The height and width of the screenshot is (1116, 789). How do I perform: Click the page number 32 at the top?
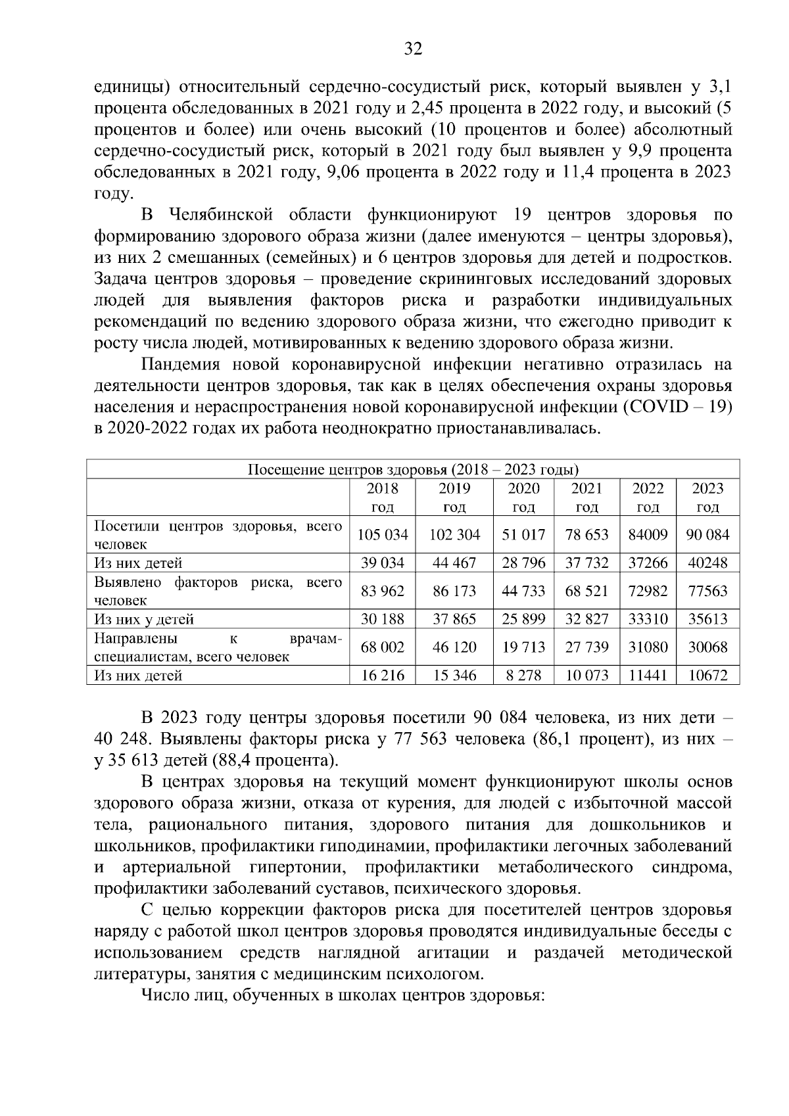pos(413,49)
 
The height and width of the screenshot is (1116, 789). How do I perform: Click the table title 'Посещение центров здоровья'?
pos(413,470)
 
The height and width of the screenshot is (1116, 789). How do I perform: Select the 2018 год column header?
pos(382,498)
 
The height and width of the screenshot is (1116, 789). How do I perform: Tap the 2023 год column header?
pos(707,498)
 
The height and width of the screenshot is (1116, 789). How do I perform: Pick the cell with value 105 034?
pos(382,534)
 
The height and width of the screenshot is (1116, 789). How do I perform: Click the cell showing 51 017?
pos(523,534)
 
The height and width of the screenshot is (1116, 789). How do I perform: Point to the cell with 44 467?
pos(454,563)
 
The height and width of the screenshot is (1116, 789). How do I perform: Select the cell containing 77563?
pos(707,591)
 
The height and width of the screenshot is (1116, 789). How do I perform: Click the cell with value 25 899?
pos(523,619)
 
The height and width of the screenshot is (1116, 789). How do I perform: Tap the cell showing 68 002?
pos(382,647)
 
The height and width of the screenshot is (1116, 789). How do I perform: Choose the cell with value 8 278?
pos(523,675)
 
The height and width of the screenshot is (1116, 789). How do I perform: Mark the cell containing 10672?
pos(707,675)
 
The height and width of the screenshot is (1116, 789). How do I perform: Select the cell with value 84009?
pos(648,534)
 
